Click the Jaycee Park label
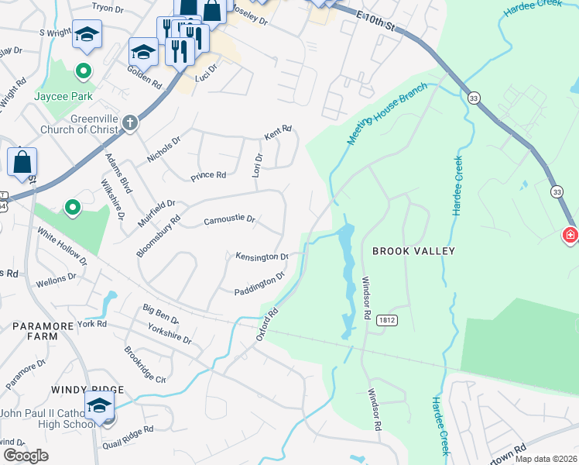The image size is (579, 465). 63,97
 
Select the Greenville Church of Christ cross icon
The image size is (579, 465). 130,122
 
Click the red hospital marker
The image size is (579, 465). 570,235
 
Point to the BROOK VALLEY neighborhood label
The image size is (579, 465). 413,251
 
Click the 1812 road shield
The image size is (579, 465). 387,319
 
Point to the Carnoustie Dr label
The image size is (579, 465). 229,220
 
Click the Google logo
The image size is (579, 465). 26,456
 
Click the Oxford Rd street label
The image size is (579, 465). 267,324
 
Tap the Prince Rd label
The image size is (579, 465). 209,176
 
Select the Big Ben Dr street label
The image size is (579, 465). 160,314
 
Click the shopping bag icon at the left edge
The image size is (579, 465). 22,162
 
